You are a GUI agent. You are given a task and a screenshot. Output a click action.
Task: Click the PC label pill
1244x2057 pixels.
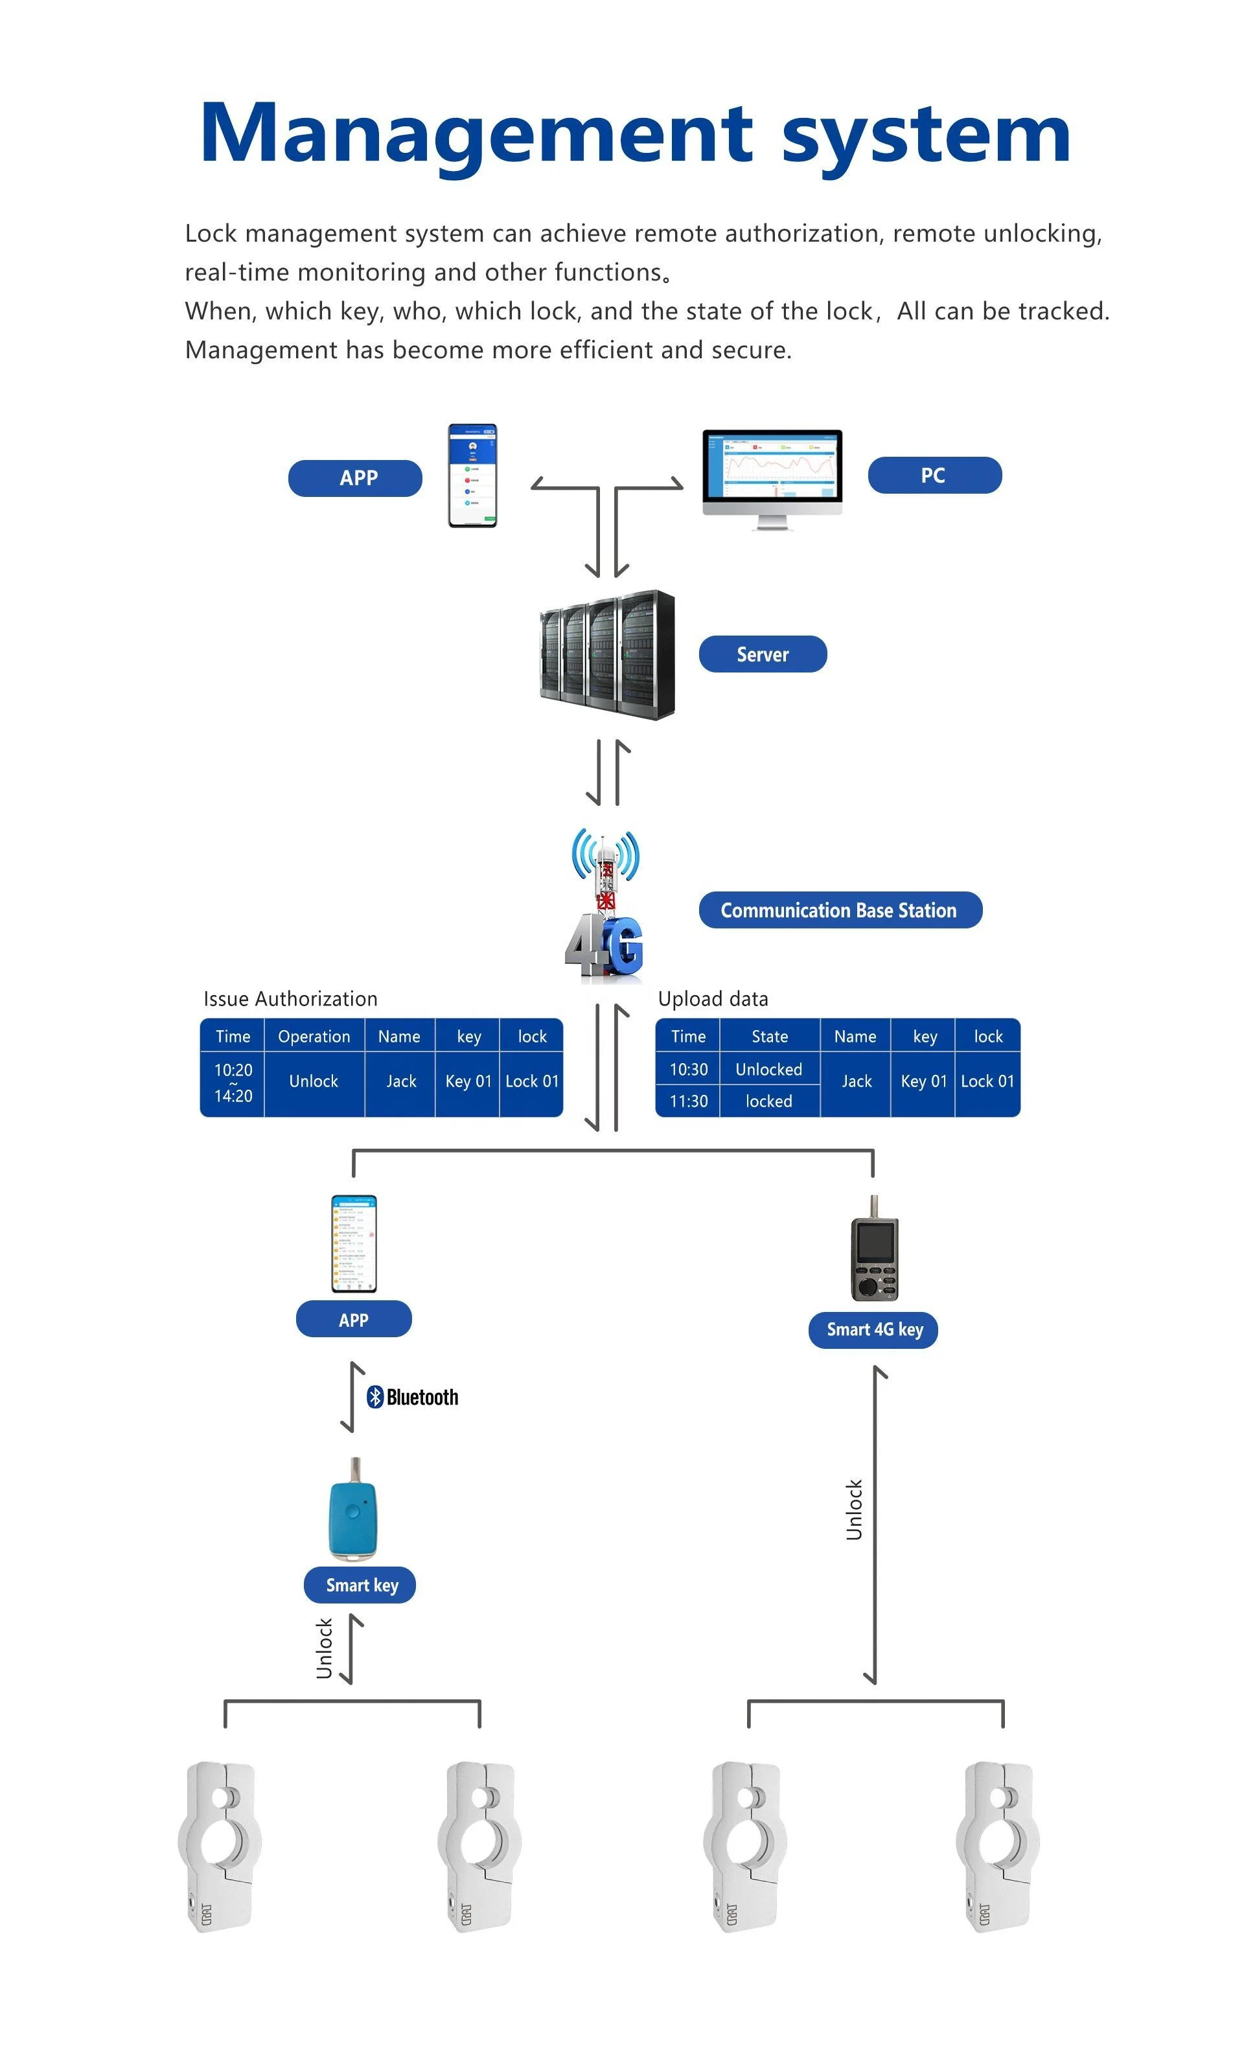click(x=934, y=475)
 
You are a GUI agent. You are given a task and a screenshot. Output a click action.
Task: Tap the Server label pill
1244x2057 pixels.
click(x=761, y=654)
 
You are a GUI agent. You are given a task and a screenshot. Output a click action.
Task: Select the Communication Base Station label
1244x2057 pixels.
click(x=839, y=910)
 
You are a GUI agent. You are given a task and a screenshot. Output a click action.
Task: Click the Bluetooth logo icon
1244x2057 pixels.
click(x=375, y=1397)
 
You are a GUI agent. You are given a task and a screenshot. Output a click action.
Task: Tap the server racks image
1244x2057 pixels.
click(x=607, y=654)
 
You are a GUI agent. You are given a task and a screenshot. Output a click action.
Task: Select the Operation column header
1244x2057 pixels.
click(x=314, y=1036)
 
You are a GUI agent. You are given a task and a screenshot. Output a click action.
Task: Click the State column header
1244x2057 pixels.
click(x=769, y=1036)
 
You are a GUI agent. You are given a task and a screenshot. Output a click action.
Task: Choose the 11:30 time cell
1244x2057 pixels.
click(x=688, y=1101)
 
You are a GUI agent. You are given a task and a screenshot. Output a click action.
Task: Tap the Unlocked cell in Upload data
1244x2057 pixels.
click(x=768, y=1070)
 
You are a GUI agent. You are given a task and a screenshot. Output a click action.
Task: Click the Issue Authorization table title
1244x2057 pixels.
click(x=290, y=998)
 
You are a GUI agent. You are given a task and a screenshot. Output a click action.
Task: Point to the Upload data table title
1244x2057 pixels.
click(x=712, y=998)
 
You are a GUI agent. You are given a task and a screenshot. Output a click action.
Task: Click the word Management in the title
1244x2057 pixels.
click(x=476, y=133)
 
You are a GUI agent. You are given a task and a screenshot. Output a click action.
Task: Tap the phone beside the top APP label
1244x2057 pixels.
click(x=472, y=475)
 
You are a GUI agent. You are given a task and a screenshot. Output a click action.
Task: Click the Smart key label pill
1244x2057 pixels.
click(x=361, y=1585)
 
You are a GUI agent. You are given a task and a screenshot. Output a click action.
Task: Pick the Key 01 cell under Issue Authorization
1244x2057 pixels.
click(x=468, y=1081)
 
